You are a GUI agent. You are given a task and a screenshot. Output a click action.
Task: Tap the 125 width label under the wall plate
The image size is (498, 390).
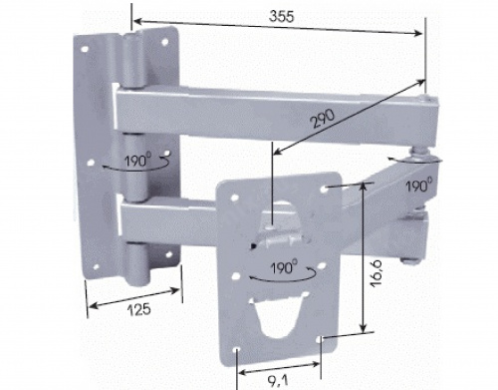pyautogui.click(x=139, y=310)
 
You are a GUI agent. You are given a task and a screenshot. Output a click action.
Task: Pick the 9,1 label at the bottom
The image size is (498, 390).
pyautogui.click(x=277, y=380)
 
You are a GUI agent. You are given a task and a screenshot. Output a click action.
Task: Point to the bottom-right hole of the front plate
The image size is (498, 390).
pyautogui.click(x=320, y=339)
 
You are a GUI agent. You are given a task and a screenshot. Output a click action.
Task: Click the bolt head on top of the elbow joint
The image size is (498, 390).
pyautogui.click(x=426, y=99)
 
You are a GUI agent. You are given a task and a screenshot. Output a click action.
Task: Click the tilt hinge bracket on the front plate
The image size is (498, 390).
pyautogui.click(x=279, y=232)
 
